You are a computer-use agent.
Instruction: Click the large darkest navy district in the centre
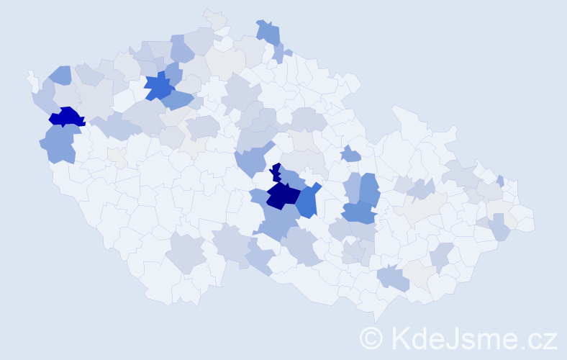[x=282, y=195]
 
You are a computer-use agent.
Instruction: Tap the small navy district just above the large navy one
[x=276, y=173]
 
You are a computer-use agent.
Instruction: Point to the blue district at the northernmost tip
[x=268, y=32]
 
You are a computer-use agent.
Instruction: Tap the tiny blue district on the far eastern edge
[x=500, y=181]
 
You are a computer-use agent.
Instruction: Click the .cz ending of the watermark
[x=536, y=337]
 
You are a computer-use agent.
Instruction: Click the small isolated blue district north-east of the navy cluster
[x=351, y=154]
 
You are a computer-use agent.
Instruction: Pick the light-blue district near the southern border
[x=393, y=278]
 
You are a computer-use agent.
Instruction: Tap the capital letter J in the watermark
[x=451, y=337]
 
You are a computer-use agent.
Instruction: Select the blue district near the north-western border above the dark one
[x=60, y=74]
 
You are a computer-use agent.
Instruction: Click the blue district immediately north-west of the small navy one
[x=250, y=161]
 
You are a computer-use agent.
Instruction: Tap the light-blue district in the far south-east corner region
[x=499, y=228]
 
